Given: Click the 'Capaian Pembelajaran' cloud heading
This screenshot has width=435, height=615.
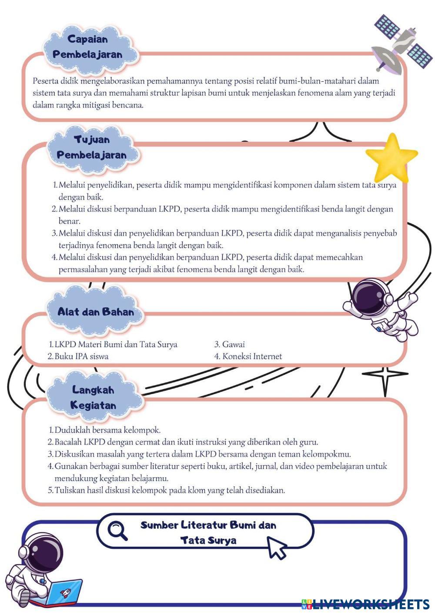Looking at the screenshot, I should click(87, 47).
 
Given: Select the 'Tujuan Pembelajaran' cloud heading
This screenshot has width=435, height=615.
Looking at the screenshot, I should click(91, 147).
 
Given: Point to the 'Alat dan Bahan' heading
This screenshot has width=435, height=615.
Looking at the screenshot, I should click(96, 311).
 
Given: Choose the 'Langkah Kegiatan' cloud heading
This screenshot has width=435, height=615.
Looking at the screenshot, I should click(93, 398).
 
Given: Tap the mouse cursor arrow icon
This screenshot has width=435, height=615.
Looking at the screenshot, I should click(277, 547).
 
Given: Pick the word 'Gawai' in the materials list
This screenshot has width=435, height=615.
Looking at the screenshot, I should click(233, 344).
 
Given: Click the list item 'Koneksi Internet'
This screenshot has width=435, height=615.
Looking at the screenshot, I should click(252, 356).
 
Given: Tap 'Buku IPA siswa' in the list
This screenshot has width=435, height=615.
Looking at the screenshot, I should click(81, 356).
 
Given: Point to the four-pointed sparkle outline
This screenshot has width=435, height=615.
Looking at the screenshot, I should click(385, 375).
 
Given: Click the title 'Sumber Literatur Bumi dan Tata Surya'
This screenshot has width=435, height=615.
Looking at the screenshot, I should click(208, 532).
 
